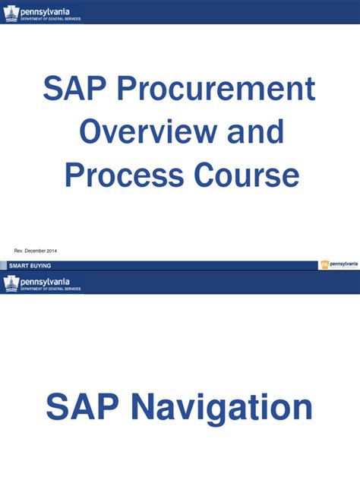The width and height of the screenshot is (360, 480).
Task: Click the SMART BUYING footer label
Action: pos(30,266)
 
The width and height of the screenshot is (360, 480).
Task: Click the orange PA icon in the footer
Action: pos(324,264)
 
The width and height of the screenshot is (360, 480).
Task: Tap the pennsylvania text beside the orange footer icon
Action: pos(343,264)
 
